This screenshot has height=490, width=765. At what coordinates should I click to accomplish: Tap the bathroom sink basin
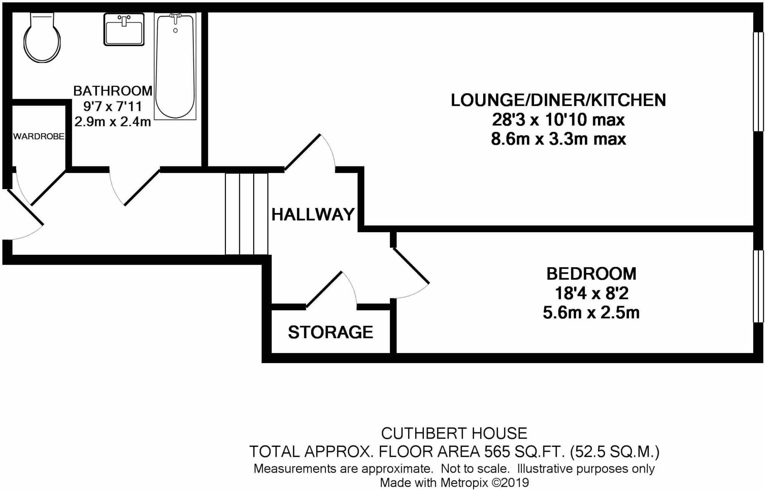pyautogui.click(x=124, y=31)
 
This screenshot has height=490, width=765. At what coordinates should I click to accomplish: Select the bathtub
pyautogui.click(x=175, y=68)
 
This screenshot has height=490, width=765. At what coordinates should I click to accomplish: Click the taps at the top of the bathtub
pyautogui.click(x=175, y=17)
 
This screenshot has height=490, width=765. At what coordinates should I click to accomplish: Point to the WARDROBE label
pyautogui.click(x=39, y=136)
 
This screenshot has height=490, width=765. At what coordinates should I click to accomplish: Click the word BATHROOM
pyautogui.click(x=113, y=91)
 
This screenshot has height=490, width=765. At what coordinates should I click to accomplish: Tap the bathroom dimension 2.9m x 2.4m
pyautogui.click(x=113, y=122)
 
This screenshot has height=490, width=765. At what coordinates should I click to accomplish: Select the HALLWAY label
pyautogui.click(x=313, y=214)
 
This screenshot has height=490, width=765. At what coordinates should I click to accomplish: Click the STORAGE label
pyautogui.click(x=330, y=332)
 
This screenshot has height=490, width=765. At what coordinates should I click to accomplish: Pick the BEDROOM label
pyautogui.click(x=591, y=274)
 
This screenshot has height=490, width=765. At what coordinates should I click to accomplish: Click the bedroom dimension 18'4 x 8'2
pyautogui.click(x=591, y=293)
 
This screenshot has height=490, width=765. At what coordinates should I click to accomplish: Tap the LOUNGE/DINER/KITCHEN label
pyautogui.click(x=558, y=100)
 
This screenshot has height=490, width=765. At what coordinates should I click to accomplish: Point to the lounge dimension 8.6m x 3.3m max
pyautogui.click(x=558, y=139)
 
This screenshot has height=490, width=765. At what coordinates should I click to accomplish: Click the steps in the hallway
pyautogui.click(x=247, y=214)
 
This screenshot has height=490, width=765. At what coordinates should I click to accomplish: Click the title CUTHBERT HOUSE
pyautogui.click(x=454, y=433)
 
